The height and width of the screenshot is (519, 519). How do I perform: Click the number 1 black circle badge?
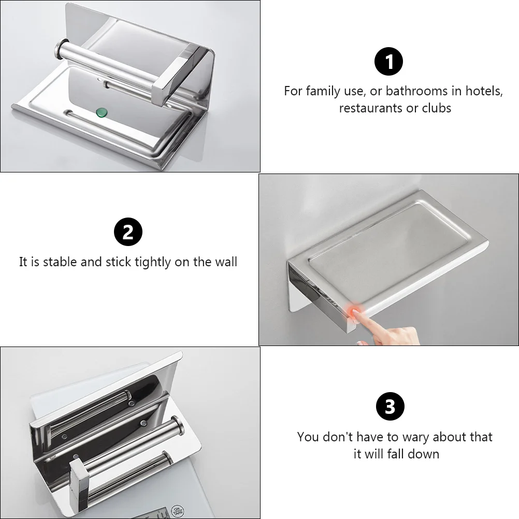point(388,63)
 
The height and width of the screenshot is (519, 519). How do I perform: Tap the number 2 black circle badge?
point(128,233)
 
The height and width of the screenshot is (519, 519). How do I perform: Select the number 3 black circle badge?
point(390,407)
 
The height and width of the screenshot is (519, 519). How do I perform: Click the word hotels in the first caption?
point(483,91)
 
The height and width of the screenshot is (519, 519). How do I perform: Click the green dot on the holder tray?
point(102,111)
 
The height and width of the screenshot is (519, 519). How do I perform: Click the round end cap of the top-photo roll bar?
point(59,50)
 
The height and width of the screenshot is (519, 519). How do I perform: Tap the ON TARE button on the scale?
point(178,511)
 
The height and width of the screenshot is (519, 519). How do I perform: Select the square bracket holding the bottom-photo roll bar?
point(81,484)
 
